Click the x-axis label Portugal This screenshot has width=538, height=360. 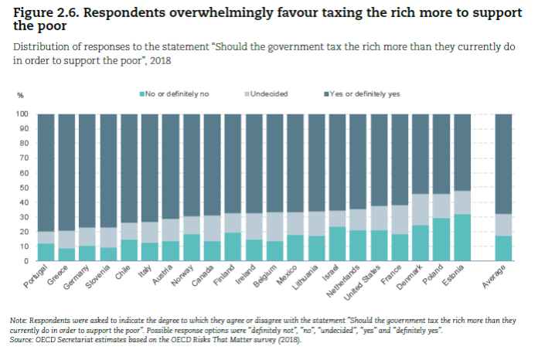coord(36,279)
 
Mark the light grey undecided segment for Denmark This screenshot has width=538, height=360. coord(420,209)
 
